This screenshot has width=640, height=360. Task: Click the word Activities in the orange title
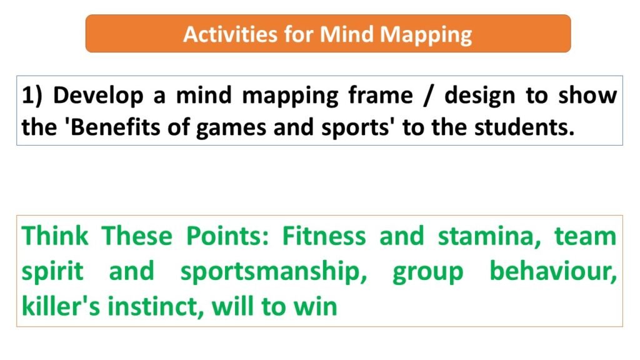click(230, 34)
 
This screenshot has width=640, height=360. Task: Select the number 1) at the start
click(32, 96)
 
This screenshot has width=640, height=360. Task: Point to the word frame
click(381, 95)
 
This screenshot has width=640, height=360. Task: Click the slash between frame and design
click(427, 96)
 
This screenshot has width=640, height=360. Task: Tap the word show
click(587, 96)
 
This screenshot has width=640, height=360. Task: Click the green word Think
click(55, 236)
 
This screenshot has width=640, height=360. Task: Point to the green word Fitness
click(324, 236)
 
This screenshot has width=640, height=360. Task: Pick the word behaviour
click(553, 271)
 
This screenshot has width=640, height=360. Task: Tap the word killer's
click(61, 306)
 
